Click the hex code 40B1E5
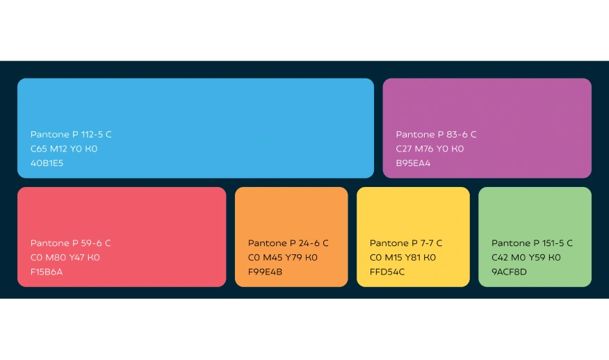[47, 163]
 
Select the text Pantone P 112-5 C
[71, 134]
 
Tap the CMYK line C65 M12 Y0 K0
[64, 149]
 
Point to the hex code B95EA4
[413, 163]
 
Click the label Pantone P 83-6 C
[436, 134]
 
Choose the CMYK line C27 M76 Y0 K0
[430, 149]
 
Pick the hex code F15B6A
[47, 272]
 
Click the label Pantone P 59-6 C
[71, 243]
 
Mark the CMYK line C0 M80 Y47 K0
[65, 257]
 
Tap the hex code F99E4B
[265, 272]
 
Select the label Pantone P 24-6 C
[289, 243]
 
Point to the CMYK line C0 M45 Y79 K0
[283, 257]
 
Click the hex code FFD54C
[387, 272]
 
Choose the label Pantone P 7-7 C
[406, 243]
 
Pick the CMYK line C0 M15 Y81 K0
[403, 257]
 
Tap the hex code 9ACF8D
[509, 272]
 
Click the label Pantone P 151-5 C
[532, 243]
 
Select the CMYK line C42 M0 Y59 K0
[526, 257]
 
